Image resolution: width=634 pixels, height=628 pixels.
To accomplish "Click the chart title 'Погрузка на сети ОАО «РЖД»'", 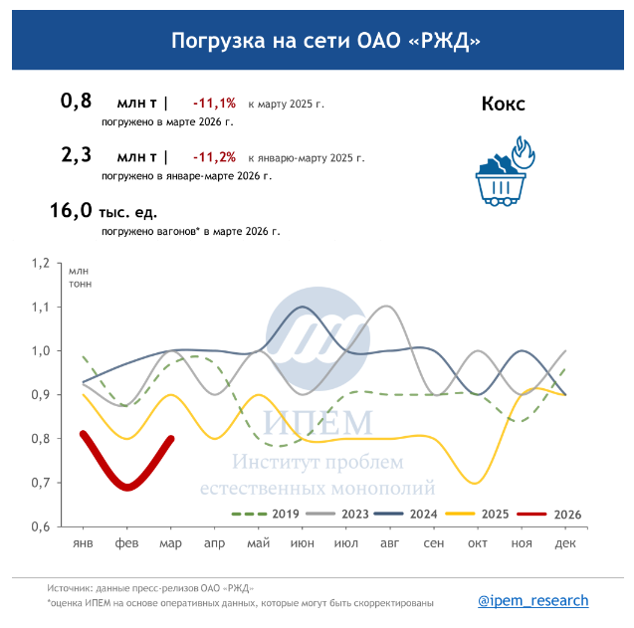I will [317, 41].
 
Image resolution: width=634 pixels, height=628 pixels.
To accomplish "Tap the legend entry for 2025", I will [479, 514].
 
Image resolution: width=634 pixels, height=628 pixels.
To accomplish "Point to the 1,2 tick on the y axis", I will [40, 264].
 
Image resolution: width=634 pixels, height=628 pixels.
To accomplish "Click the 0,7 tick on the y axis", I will [40, 483].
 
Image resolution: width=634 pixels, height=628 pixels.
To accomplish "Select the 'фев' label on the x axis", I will [126, 542].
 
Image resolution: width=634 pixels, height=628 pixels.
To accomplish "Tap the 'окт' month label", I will [478, 542].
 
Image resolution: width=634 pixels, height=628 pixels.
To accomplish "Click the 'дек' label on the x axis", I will [565, 542].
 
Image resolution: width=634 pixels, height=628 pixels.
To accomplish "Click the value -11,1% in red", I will [214, 103].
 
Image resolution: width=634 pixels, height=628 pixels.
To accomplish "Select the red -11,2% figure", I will [214, 156].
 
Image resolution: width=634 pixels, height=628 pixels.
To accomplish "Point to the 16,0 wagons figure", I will [70, 211].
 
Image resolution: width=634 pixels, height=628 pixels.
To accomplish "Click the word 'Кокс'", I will [503, 104].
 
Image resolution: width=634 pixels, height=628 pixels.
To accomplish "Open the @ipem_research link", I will [533, 600].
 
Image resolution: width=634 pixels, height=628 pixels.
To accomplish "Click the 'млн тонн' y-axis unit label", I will [79, 277].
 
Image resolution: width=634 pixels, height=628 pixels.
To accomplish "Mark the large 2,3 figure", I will [77, 155].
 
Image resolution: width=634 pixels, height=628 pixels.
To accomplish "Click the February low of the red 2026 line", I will [127, 487].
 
